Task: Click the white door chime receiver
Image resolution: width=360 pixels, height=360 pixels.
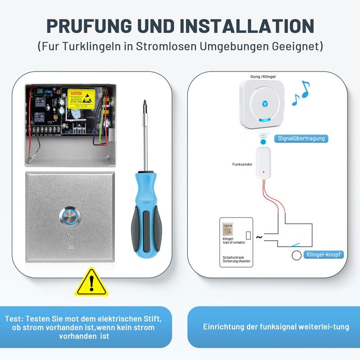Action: point(262,105)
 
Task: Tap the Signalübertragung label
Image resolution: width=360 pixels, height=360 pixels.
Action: point(301,139)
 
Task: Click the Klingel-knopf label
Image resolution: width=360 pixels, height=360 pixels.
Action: point(324,255)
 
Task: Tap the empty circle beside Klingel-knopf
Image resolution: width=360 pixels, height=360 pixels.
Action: point(297,256)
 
